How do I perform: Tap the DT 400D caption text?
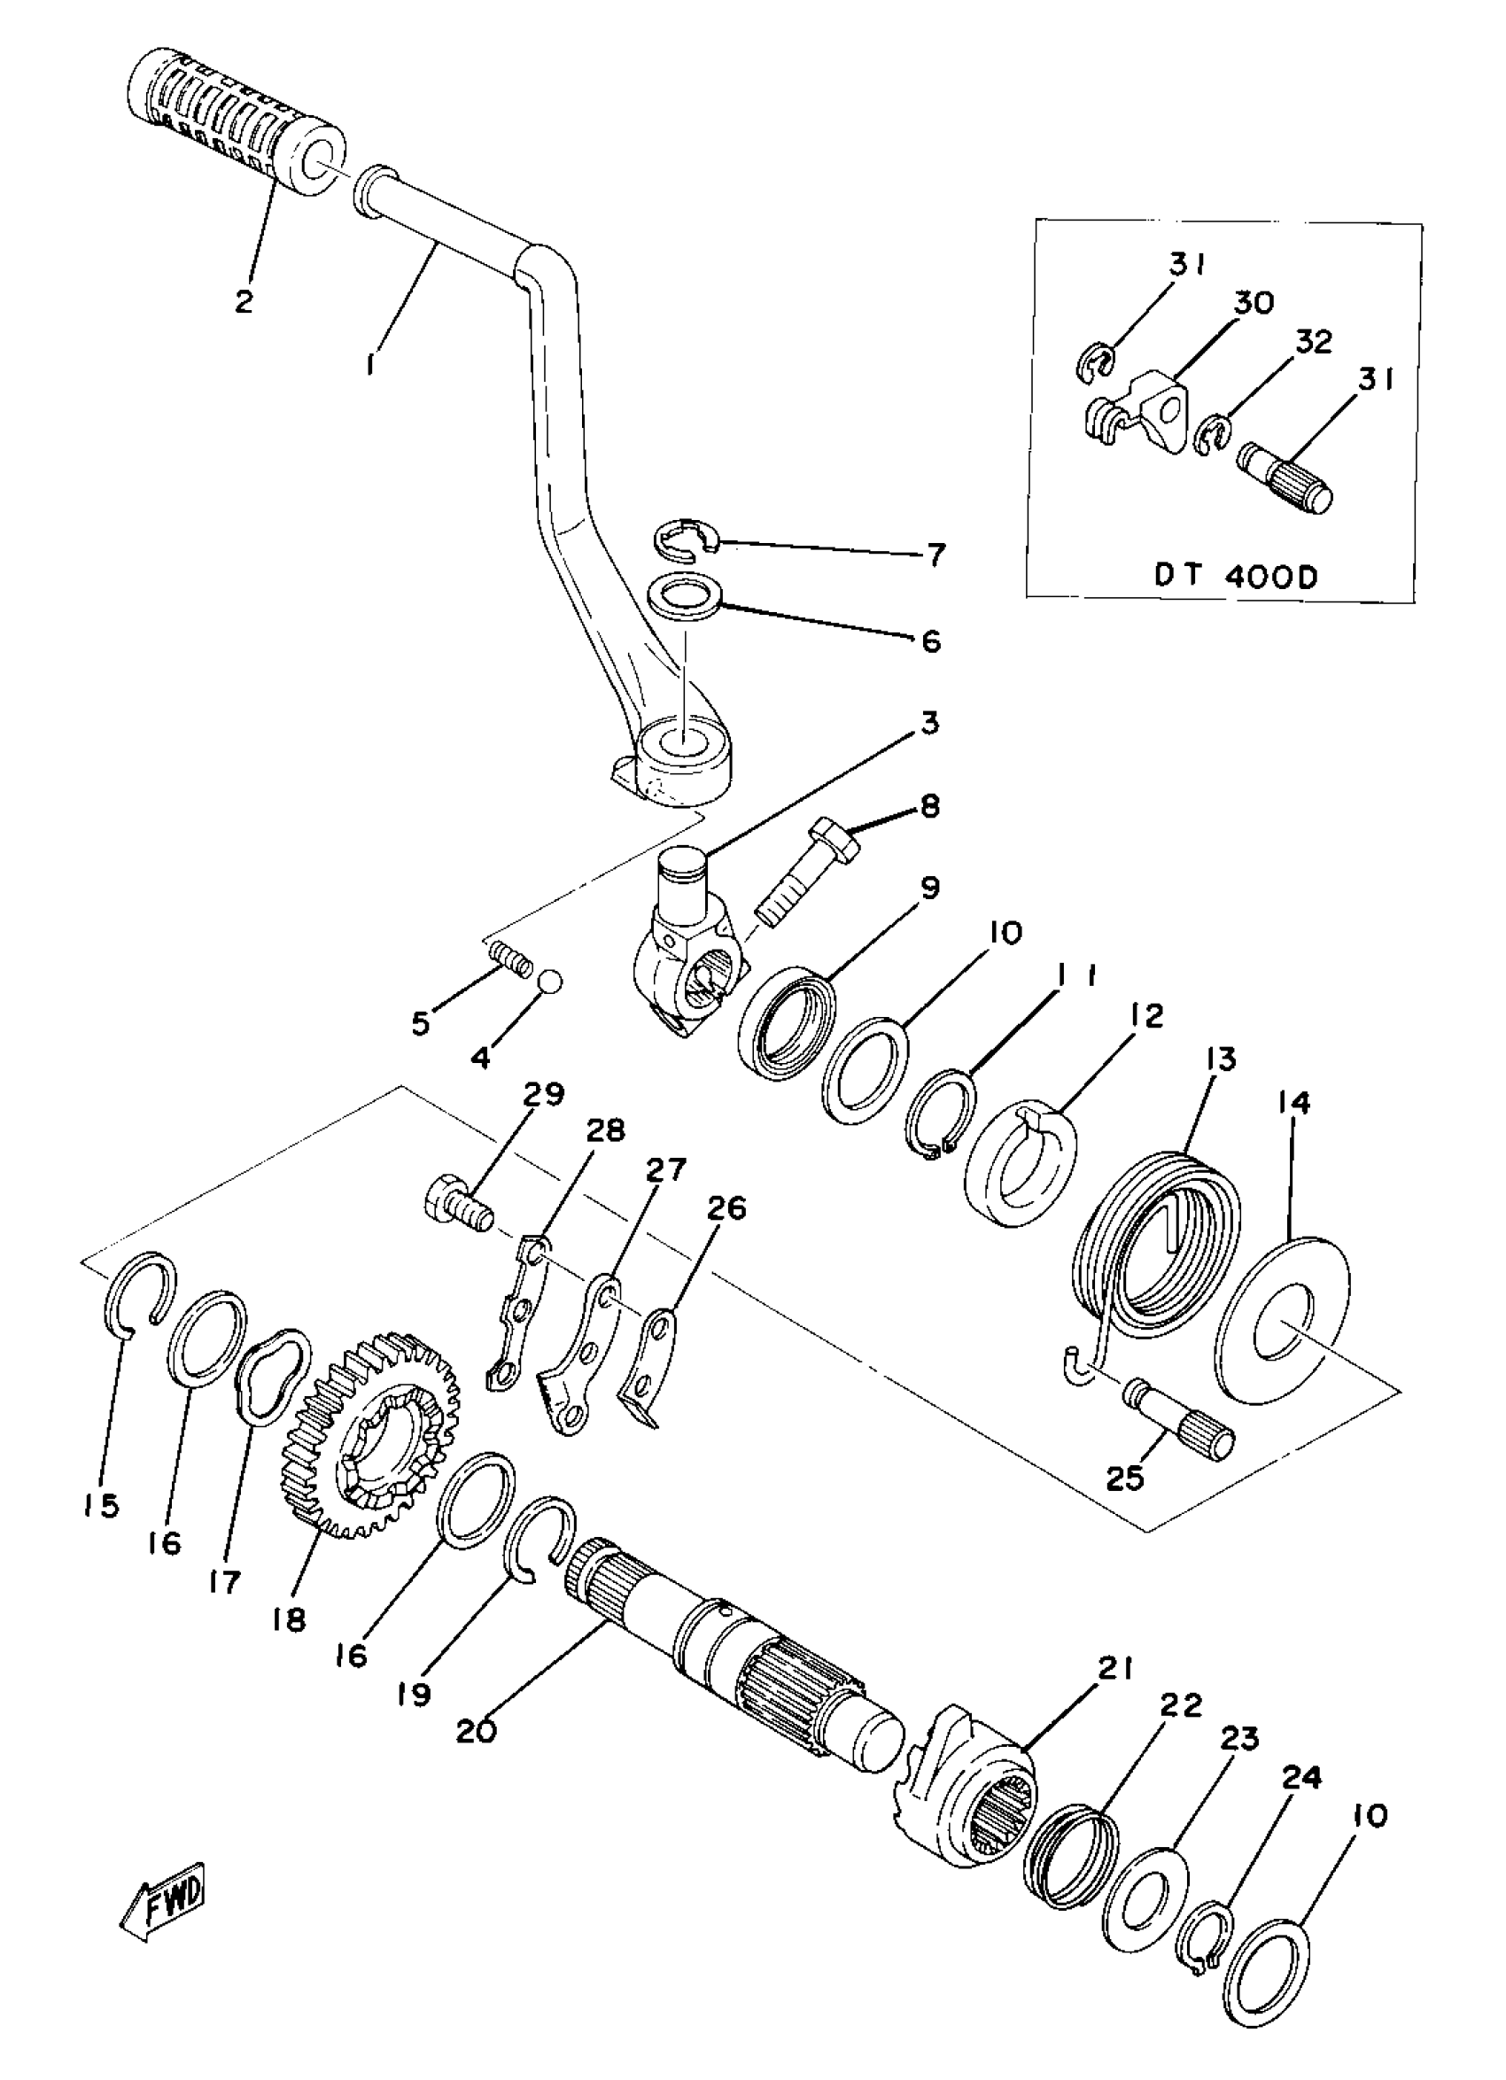[1236, 576]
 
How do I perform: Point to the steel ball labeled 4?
[549, 981]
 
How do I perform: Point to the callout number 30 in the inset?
[1253, 303]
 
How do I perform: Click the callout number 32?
[1313, 342]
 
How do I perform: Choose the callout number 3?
[930, 723]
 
